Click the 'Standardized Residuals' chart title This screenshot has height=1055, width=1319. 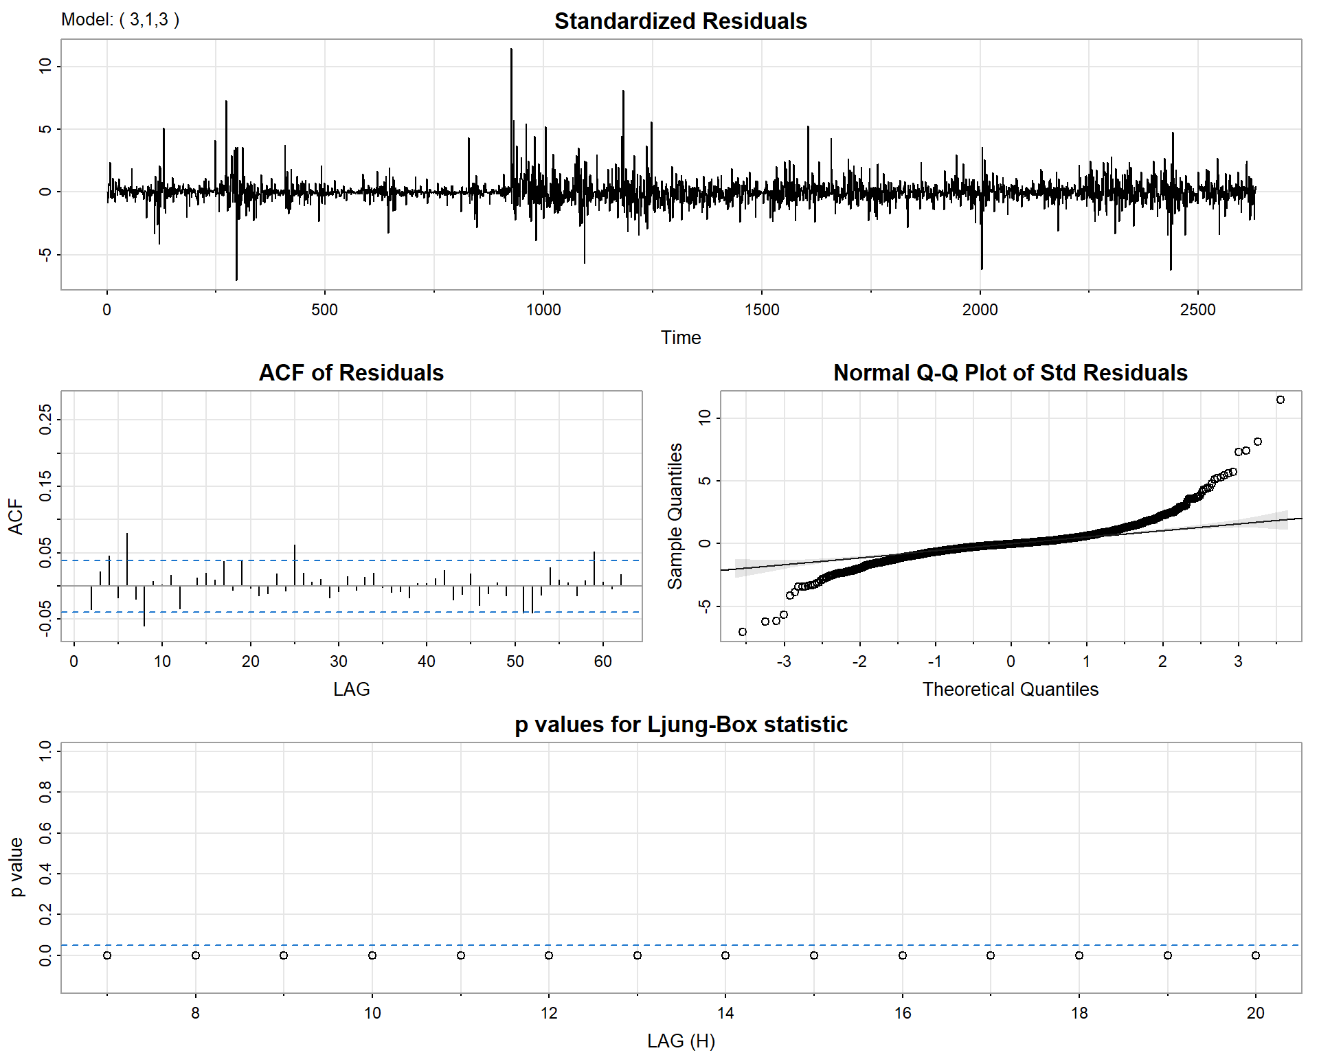point(680,21)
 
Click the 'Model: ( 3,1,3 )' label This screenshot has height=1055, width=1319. point(120,19)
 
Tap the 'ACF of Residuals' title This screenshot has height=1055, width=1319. point(351,373)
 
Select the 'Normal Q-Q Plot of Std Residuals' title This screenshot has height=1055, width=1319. point(1010,373)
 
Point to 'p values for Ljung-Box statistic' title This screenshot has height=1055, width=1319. point(680,725)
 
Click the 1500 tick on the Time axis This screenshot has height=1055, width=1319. point(762,310)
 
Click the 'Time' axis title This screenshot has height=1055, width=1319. point(680,338)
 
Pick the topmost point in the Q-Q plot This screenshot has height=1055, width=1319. point(1281,400)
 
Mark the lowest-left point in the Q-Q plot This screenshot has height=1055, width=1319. point(743,632)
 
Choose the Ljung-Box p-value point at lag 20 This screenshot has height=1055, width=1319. point(1256,955)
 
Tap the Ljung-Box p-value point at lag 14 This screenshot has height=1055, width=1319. point(725,955)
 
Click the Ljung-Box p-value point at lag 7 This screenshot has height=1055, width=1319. point(107,955)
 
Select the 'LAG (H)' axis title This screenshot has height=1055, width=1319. point(680,1041)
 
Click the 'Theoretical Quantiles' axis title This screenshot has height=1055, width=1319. point(1010,690)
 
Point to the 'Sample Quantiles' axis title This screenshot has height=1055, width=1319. point(676,516)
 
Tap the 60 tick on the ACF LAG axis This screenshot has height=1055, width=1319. point(603,661)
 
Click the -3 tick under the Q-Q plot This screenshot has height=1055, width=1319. point(784,661)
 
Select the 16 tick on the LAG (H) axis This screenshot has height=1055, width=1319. point(903,1013)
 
